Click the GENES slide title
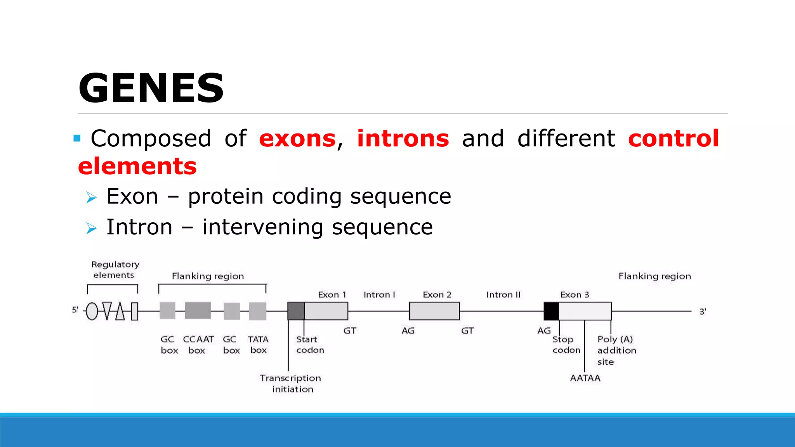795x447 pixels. point(151,88)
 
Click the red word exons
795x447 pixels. point(297,139)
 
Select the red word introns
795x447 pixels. point(403,139)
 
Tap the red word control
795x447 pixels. point(673,139)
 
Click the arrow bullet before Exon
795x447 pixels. point(91,198)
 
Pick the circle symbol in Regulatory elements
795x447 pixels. point(92,311)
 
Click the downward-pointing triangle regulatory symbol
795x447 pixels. point(107,310)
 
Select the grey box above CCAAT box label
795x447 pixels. point(198,311)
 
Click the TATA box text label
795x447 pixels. point(258,345)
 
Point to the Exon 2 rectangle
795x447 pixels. point(434,311)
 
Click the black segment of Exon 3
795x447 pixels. point(551,311)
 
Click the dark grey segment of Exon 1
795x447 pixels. point(296,311)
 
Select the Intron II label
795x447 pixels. point(503,295)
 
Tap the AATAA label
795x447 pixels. point(585,378)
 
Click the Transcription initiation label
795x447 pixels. point(291,383)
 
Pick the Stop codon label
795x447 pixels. point(566,345)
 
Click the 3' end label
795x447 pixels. point(703,312)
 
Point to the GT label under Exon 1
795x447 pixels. point(350,331)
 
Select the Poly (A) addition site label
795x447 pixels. point(616,350)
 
